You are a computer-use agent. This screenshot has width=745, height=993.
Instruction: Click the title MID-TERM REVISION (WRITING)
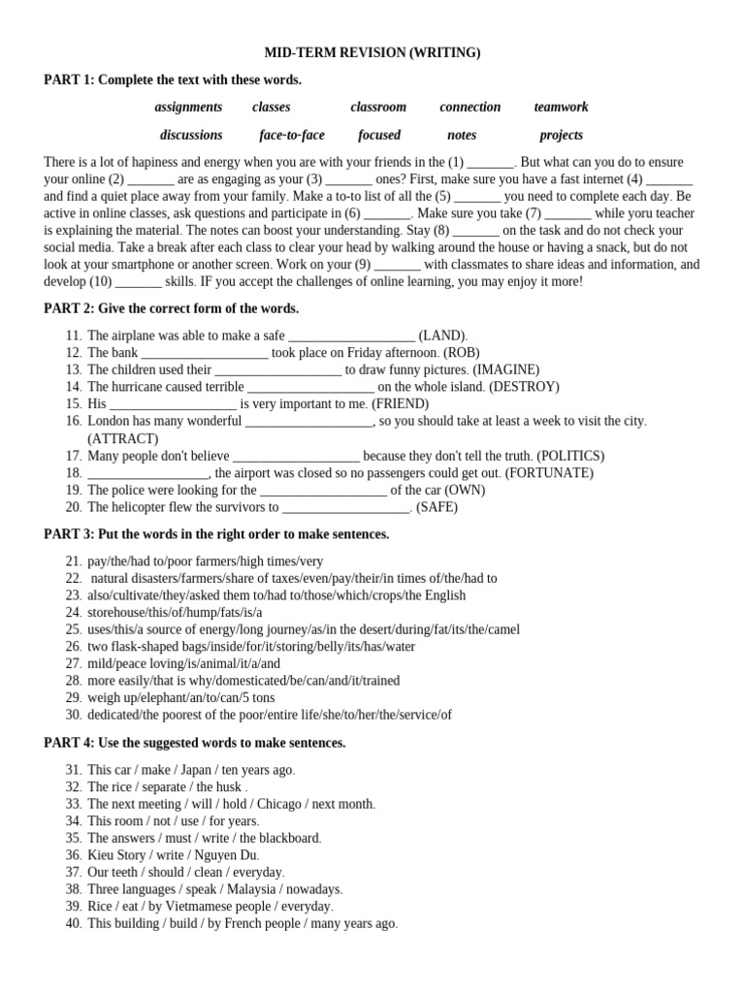pos(372,53)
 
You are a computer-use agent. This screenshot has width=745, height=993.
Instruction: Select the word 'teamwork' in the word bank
pos(561,108)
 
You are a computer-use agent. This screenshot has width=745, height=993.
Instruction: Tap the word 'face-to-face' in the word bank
pos(292,136)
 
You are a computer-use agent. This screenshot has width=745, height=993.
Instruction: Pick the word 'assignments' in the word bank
pos(188,108)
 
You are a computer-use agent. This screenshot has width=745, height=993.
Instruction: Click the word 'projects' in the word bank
pos(562,136)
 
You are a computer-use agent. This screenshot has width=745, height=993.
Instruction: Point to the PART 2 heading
pos(172,308)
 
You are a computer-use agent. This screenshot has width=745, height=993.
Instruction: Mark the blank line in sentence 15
pos(174,404)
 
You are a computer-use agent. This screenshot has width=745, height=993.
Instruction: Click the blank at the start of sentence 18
pos(147,474)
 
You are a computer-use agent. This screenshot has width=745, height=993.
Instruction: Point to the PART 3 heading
pos(216,534)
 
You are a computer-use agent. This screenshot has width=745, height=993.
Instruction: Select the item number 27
pos(74,663)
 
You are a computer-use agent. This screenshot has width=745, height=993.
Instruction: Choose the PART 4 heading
pos(195,743)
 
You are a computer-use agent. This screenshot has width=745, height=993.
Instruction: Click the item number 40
pos(74,924)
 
